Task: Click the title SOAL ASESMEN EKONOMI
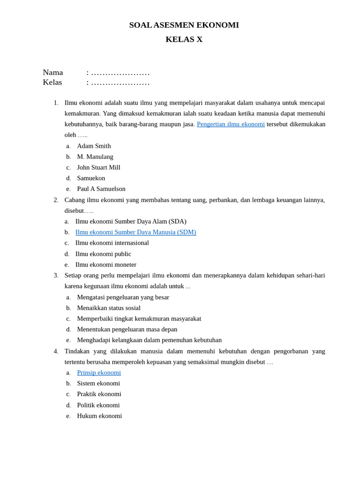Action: coord(184,25)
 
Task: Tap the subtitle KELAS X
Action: coord(184,39)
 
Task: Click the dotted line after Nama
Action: coord(120,73)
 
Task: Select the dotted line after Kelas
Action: coord(120,83)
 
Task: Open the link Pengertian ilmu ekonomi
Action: coord(231,124)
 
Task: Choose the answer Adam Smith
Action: coord(94,146)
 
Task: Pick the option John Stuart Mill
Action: coord(98,167)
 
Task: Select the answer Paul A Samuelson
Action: coord(101,189)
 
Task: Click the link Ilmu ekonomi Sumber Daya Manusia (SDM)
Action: coord(135,232)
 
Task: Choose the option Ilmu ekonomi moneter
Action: coord(106,264)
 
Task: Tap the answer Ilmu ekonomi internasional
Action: coord(112,243)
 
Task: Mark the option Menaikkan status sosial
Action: coord(109,308)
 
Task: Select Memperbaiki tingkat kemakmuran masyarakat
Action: coord(139,319)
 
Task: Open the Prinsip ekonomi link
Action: coord(99,373)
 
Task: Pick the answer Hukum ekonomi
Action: coord(99,416)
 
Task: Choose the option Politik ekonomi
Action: coord(98,405)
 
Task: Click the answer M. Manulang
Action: coord(95,157)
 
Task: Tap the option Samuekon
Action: coord(91,178)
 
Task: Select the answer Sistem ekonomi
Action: coord(98,383)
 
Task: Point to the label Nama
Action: coord(53,73)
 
